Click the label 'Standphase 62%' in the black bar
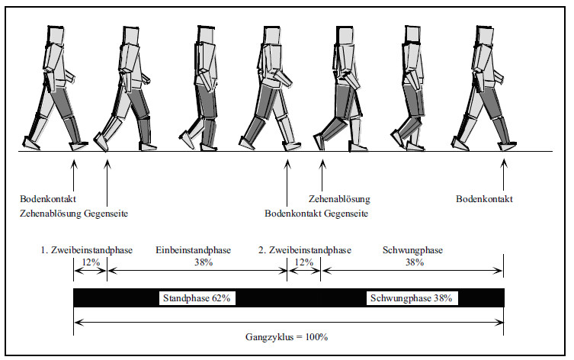tap(197, 298)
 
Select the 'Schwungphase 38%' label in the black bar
tap(412, 298)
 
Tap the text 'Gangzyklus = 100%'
tap(287, 337)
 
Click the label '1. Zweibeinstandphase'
tap(86, 250)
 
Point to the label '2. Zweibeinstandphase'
tap(305, 250)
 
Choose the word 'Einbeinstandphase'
tap(194, 250)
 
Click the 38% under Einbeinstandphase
tap(204, 262)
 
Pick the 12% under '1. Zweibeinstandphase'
tap(91, 262)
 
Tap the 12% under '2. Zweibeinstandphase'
tap(304, 262)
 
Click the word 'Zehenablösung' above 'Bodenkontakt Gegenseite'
tap(339, 199)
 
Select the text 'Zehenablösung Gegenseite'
tap(74, 214)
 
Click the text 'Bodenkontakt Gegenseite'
tap(316, 214)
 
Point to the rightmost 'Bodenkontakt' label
tap(484, 199)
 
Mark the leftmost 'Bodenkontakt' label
tap(48, 199)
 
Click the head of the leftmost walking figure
tap(56, 36)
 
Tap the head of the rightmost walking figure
tap(484, 36)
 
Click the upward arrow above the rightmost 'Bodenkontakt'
tap(504, 175)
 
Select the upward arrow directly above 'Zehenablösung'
tap(322, 175)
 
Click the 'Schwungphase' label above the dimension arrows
tap(413, 250)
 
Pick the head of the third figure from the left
tap(206, 34)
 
